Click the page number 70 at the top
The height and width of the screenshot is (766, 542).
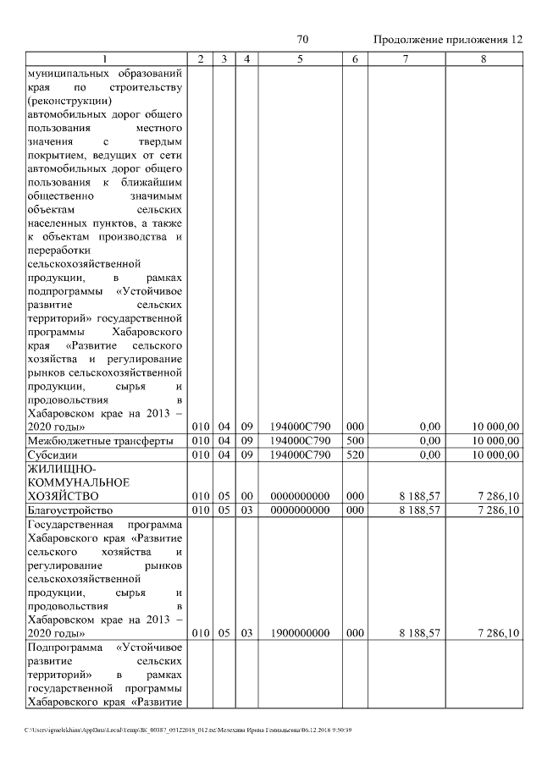pos(302,40)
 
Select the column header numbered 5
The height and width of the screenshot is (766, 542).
pos(301,58)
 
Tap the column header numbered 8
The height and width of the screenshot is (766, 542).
pos(483,58)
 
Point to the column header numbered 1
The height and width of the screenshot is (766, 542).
pos(105,58)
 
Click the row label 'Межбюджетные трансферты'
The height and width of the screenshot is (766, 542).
pos(101,441)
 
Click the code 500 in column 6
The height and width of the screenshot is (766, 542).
pos(355,441)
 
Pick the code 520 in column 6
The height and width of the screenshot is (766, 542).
pos(355,455)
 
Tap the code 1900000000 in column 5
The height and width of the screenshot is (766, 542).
pos(301,632)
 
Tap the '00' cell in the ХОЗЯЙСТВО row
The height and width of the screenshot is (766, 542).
pos(246,496)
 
